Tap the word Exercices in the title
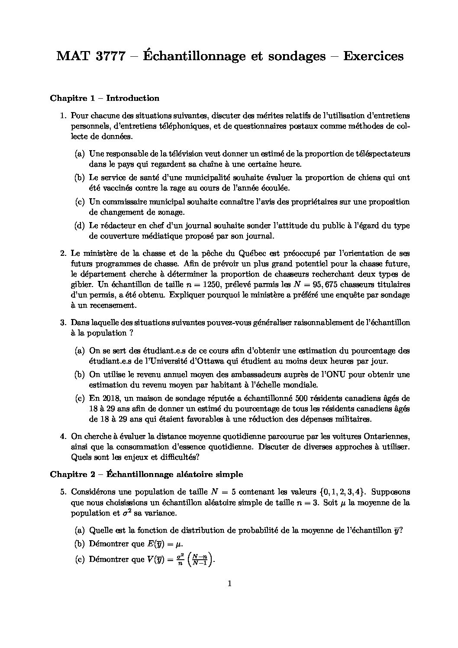pyautogui.click(x=373, y=56)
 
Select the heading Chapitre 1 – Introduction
pyautogui.click(x=105, y=98)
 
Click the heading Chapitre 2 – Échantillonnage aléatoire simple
pyautogui.click(x=146, y=474)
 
